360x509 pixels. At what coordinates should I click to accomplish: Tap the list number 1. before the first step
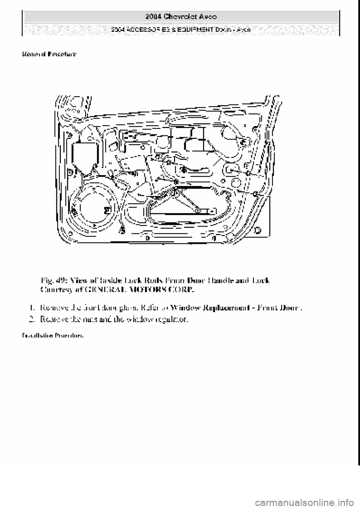coord(32,308)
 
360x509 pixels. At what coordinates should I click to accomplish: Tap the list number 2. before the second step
coord(32,320)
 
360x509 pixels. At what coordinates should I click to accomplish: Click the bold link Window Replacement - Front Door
coord(235,308)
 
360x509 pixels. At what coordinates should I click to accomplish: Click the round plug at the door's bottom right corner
coord(258,229)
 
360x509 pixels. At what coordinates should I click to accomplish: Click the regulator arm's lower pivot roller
coord(196,211)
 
